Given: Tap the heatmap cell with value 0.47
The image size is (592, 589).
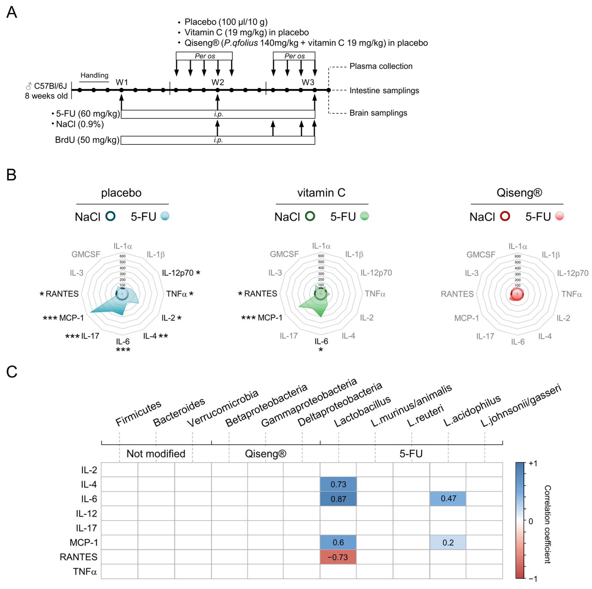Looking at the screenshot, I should point(448,499).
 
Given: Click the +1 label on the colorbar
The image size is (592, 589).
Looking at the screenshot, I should point(533,463).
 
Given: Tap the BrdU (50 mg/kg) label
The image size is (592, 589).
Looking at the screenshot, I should point(87,140).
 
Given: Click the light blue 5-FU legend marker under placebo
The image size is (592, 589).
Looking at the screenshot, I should point(165,216).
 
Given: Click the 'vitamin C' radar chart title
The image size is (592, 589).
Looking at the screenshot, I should point(321,193).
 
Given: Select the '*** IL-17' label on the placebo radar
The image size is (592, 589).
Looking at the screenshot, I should point(82,336).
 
